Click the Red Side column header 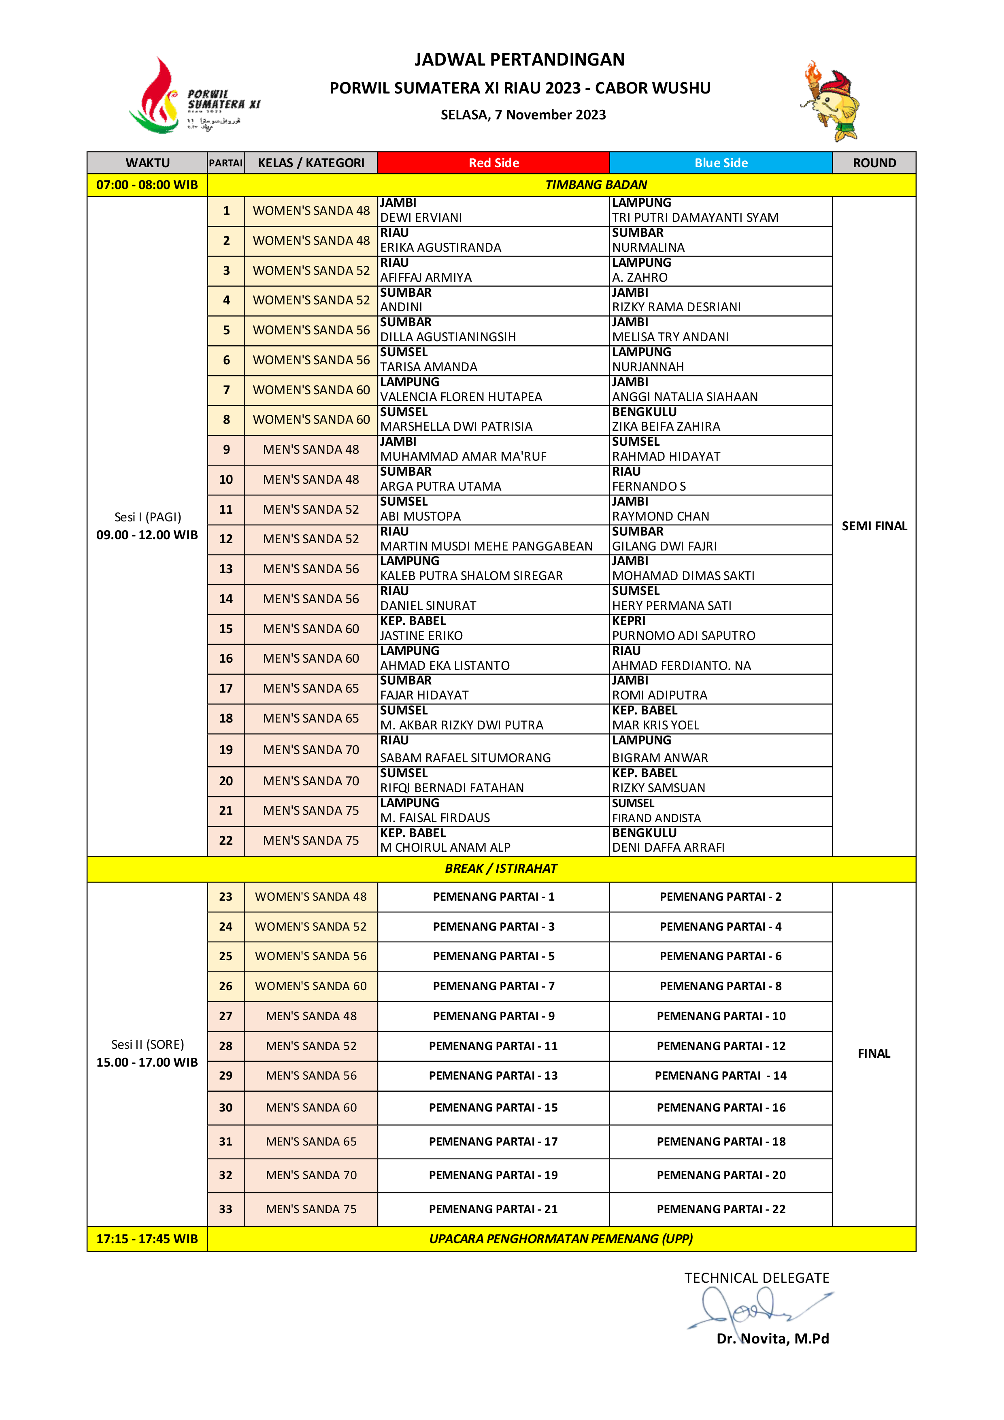click(493, 163)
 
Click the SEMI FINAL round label click(874, 526)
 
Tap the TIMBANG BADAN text click(596, 185)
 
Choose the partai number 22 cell click(226, 840)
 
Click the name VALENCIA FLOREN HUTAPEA click(461, 397)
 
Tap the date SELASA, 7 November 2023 click(523, 115)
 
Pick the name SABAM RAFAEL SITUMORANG click(465, 758)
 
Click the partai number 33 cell click(226, 1209)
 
